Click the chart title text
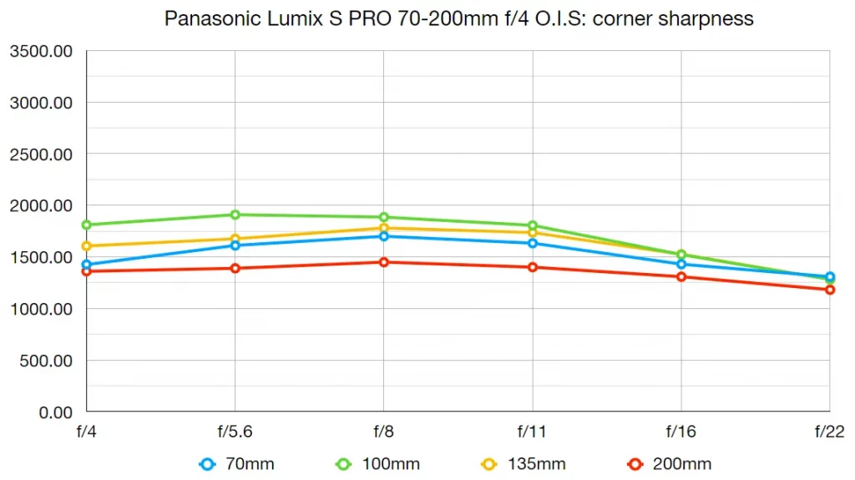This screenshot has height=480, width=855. [458, 18]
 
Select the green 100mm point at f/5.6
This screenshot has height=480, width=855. [235, 215]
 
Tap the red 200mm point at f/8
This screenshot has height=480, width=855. [383, 262]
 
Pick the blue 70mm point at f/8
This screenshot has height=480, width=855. [383, 236]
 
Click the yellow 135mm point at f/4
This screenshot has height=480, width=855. [86, 246]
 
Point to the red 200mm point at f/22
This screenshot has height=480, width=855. [830, 290]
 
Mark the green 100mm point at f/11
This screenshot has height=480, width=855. [533, 225]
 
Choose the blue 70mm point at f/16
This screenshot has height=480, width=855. [681, 264]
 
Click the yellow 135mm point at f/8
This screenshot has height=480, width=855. [383, 228]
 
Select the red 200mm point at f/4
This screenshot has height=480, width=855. [86, 271]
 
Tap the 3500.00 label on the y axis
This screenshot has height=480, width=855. [41, 52]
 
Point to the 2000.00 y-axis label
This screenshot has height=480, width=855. [41, 205]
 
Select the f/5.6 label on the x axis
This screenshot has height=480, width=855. [235, 432]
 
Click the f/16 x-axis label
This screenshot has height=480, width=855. [681, 432]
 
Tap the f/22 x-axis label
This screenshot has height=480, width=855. [830, 432]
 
